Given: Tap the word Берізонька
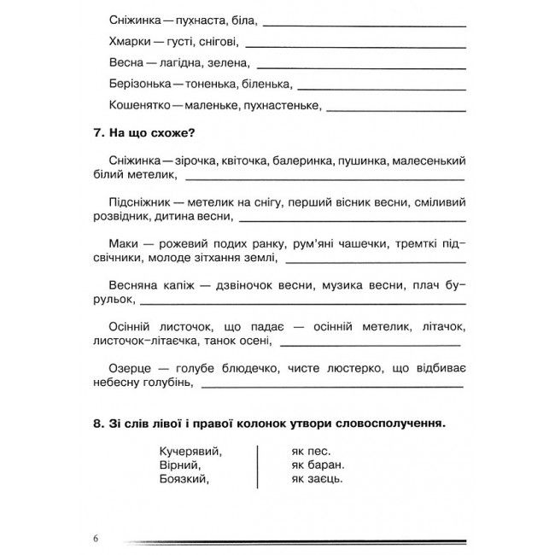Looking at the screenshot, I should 141,85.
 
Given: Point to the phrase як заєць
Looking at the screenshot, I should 317,480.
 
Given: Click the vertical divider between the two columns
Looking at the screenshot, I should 257,465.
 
